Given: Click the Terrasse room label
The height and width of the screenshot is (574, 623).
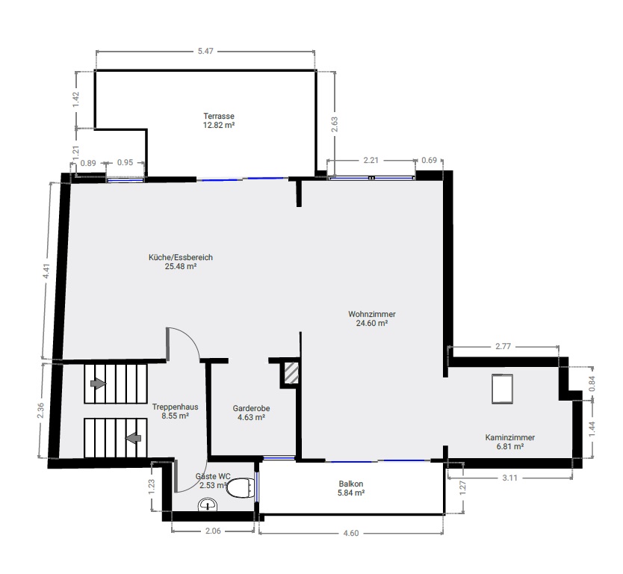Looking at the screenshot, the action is pos(219,120).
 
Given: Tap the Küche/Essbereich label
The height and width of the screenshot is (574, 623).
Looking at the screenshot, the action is pos(180,262).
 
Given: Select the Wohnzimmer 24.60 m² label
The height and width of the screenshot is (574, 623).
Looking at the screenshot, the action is pos(372,318).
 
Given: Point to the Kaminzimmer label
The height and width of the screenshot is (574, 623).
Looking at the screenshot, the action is pos(509,442).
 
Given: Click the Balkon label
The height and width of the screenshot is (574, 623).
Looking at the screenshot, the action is pos(351,488).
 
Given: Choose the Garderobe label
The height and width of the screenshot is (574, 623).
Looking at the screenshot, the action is pos(251,413).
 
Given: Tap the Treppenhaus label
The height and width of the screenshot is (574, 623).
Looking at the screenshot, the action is pos(175,411).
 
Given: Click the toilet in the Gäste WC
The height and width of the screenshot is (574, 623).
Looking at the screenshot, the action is pos(241,488).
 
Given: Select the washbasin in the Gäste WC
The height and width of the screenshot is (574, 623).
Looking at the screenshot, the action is pos(208,504).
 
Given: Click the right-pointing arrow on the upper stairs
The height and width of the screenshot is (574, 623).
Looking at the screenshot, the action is pos(98,383).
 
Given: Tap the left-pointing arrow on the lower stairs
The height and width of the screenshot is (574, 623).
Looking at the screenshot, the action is pos(133,438).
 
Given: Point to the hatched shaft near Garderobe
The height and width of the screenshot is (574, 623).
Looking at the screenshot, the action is pos(291,373).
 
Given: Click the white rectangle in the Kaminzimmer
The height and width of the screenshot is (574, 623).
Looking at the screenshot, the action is pos(502,389).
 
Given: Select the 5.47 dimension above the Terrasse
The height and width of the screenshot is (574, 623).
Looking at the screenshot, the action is pos(205,51).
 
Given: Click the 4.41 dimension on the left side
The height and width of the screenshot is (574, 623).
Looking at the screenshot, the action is pos(46,271).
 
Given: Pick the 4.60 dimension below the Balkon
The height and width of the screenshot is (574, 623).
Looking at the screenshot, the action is pos(351,533).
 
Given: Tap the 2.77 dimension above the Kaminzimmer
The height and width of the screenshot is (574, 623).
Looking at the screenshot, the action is pos(503,346).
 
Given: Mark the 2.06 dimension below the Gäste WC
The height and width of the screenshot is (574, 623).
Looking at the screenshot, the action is pos(213,531).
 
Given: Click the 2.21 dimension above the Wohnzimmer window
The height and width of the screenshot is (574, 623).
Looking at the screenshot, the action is pos(371,160).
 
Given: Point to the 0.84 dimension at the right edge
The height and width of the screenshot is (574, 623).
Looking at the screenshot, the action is pos(592,383).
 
